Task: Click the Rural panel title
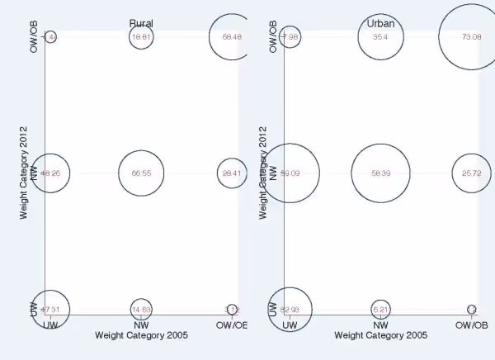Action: pos(141,23)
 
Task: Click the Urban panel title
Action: pos(380,23)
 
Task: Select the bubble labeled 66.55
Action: pos(141,173)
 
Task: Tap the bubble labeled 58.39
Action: pos(380,173)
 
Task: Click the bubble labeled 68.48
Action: pos(232,37)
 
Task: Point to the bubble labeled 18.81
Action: pos(141,37)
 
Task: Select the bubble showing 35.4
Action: pos(380,37)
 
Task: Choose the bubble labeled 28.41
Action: pos(232,173)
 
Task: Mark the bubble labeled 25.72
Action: pos(471,173)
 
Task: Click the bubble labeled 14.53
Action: pos(141,310)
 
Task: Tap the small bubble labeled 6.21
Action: pos(380,310)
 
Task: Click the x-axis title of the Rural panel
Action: pos(141,336)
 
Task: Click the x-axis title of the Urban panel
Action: pos(380,336)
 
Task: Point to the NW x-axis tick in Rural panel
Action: pos(141,325)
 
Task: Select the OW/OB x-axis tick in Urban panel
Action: pos(471,325)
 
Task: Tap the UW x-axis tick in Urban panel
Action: pos(290,325)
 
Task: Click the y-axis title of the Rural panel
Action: pos(25,173)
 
